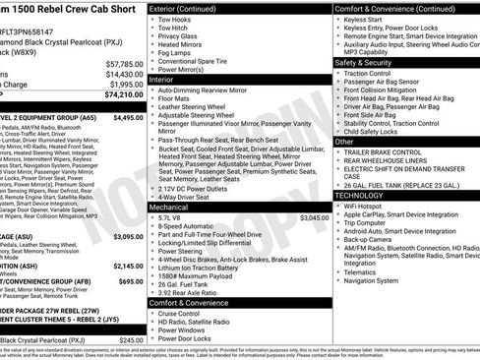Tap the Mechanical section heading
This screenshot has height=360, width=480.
pyautogui.click(x=171, y=207)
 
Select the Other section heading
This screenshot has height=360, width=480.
pyautogui.click(x=345, y=142)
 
